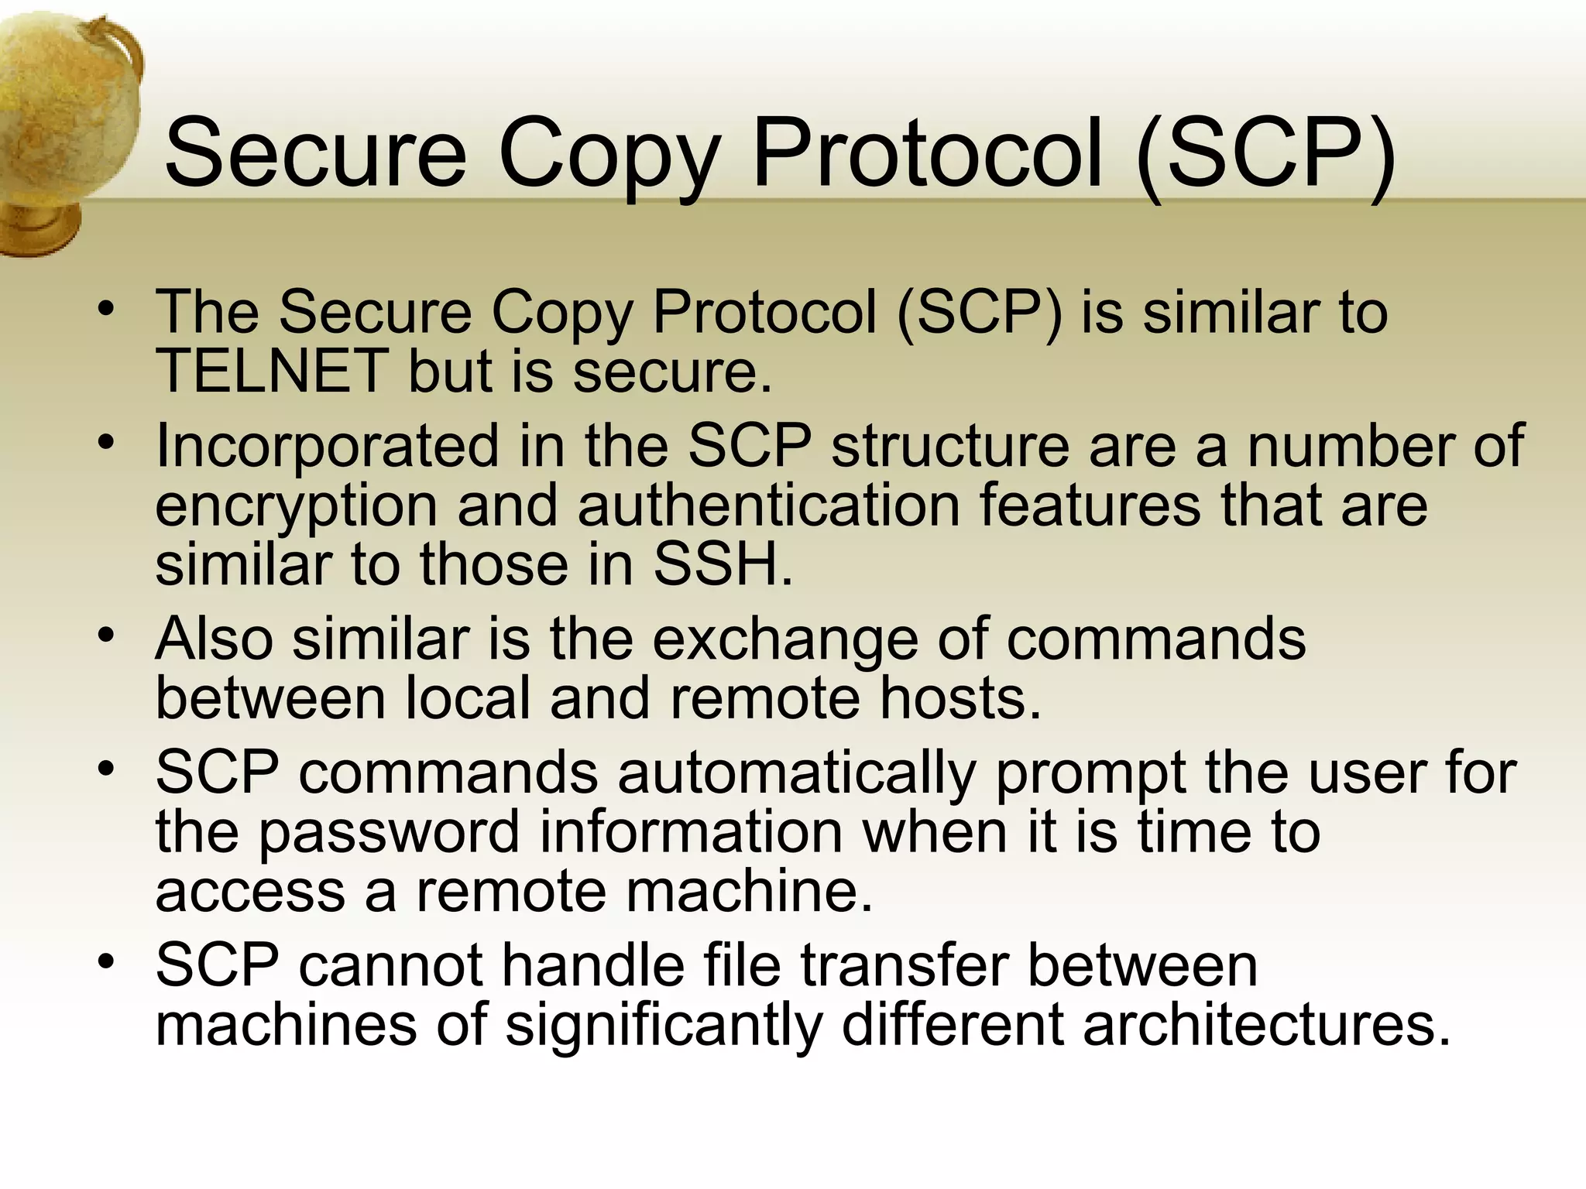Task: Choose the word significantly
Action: pos(663,1026)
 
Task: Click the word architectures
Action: pos(1265,1025)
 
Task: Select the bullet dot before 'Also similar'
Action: pos(106,636)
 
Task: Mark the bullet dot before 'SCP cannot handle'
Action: pos(106,962)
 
